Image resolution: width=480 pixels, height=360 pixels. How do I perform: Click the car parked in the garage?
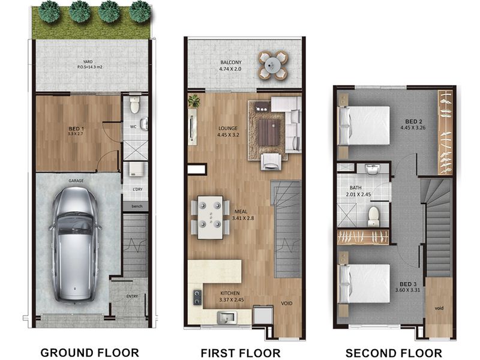coord(74,244)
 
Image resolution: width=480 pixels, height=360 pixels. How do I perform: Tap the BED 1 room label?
coord(76,128)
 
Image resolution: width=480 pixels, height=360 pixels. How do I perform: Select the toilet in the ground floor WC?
coord(134,104)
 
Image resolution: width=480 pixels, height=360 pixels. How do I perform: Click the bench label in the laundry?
coord(137,206)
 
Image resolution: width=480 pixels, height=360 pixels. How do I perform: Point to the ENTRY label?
coord(132,296)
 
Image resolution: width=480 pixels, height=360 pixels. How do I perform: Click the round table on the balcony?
coord(272,65)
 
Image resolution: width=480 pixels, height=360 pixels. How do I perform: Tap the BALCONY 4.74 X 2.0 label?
coord(230,65)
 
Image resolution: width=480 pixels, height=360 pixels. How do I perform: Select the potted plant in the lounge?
coord(193,100)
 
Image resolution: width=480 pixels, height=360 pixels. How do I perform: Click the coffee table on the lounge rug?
coord(269,133)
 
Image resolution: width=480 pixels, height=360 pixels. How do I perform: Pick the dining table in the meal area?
coord(211,217)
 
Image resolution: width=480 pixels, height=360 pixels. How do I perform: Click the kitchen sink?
coord(227,317)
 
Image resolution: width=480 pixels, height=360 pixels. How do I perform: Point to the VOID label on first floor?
coord(287,304)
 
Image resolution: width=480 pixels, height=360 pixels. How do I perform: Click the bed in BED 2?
coord(364,125)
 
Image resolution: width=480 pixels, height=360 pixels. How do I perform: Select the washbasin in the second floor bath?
coord(372,170)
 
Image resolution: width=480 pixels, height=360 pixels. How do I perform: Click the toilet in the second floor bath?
coord(373,216)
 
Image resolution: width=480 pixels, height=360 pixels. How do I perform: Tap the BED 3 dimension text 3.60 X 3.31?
coord(407,290)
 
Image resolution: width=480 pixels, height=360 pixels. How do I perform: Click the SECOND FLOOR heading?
coord(394,353)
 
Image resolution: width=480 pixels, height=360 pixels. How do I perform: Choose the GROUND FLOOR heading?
coord(89,353)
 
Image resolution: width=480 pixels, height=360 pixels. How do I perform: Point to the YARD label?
coord(88,62)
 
